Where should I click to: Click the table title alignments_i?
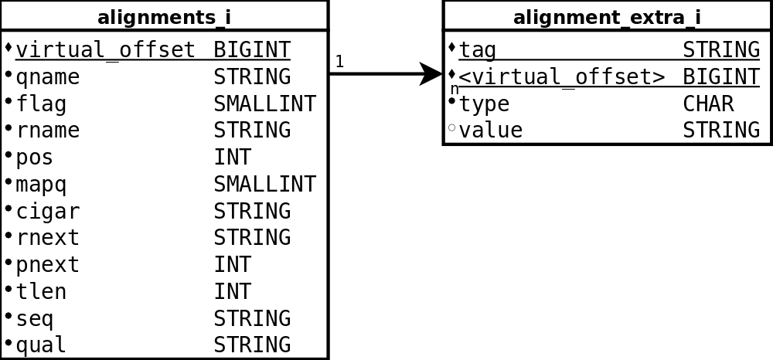(x=164, y=17)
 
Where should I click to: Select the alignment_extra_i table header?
(x=607, y=17)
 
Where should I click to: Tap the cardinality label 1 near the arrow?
(x=339, y=61)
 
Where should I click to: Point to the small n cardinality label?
(x=455, y=90)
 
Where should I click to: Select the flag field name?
(x=41, y=104)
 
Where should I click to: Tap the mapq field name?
(x=41, y=185)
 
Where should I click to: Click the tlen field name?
(x=41, y=292)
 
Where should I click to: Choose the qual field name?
(x=41, y=345)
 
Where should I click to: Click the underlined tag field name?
(x=477, y=50)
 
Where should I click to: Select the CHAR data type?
(x=708, y=104)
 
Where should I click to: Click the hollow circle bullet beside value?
(x=452, y=127)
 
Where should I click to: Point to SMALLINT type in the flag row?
(x=264, y=104)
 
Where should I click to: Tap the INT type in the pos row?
(x=232, y=158)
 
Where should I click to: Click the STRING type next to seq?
(x=252, y=319)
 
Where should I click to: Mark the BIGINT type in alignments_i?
(x=252, y=50)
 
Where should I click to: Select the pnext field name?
(x=48, y=265)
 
